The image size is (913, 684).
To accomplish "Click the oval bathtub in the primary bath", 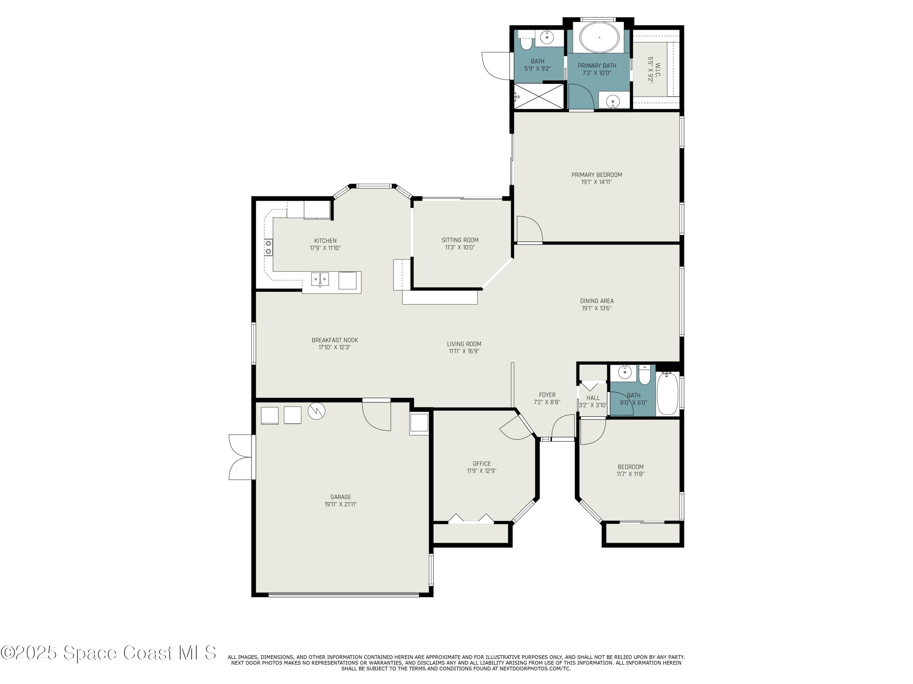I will click(599, 37).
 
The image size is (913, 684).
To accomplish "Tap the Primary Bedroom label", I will click(596, 175).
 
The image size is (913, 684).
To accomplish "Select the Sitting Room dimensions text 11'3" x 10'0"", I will click(460, 248).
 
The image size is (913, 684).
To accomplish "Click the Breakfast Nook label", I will click(335, 340).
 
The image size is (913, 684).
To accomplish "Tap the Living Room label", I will click(464, 344).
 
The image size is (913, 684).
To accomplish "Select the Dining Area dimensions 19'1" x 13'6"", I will click(596, 308).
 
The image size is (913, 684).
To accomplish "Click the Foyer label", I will click(547, 395).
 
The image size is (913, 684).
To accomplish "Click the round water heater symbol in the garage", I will click(317, 411).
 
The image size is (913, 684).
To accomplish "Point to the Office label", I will click(482, 464).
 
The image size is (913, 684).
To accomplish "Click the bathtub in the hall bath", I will click(667, 394).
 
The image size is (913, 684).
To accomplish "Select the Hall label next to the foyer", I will click(593, 398).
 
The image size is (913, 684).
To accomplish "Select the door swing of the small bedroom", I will click(593, 432).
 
